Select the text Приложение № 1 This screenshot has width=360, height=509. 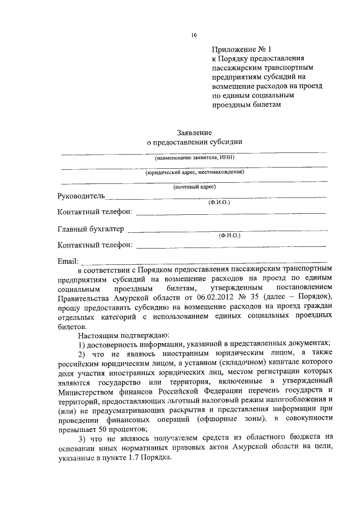click(x=239, y=49)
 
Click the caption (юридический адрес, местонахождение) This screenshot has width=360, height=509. click(x=194, y=173)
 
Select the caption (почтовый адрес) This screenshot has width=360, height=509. click(x=194, y=187)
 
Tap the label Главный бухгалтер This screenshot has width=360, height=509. click(x=91, y=229)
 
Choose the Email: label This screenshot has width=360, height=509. click(x=69, y=261)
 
